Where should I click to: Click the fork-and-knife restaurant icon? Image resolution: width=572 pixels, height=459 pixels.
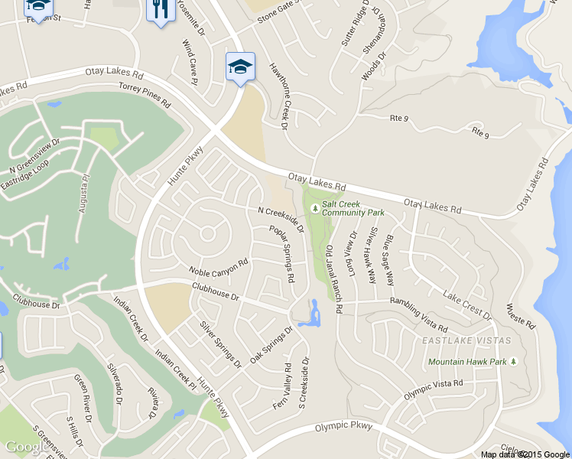click(x=159, y=10)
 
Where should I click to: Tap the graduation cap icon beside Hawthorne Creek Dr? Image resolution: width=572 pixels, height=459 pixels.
click(x=240, y=66)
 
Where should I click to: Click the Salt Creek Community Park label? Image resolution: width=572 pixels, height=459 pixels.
click(x=353, y=208)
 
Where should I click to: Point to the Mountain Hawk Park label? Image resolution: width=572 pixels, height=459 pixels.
click(x=467, y=361)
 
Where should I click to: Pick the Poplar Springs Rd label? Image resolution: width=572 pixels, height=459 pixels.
click(x=281, y=254)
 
